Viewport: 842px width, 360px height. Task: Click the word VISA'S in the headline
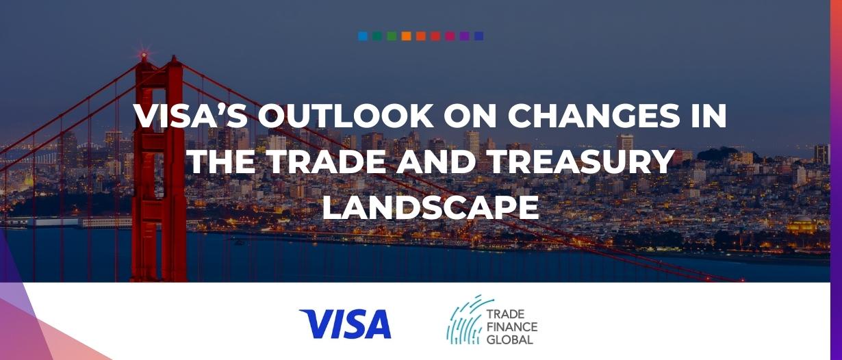coord(190,116)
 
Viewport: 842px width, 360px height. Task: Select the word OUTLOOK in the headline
coord(346,116)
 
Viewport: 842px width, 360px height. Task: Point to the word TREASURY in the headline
coord(576,161)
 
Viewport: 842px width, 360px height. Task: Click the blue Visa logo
coord(345,324)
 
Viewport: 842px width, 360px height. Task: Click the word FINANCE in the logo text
coord(512,326)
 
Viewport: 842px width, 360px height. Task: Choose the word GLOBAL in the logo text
coord(510,339)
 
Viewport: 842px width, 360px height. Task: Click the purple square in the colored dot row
coord(464,36)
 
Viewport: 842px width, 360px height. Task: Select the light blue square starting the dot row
coord(363,36)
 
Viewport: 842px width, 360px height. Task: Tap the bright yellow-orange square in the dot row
coord(406,36)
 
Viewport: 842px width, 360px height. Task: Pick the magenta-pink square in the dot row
coord(450,36)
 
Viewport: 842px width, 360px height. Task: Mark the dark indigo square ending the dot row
coord(479,36)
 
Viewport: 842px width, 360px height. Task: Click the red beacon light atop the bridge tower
coord(144,56)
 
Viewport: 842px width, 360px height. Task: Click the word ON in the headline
coord(470,116)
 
